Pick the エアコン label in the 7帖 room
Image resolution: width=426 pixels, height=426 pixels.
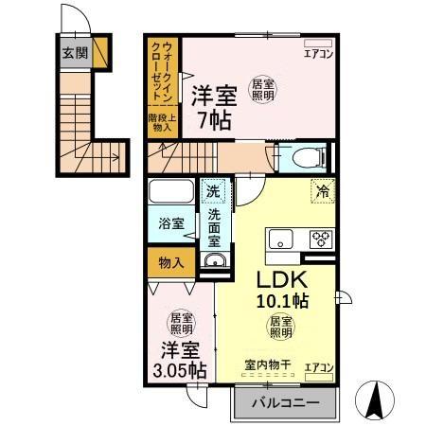point(317,54)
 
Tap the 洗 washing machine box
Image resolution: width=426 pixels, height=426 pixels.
point(214,192)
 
